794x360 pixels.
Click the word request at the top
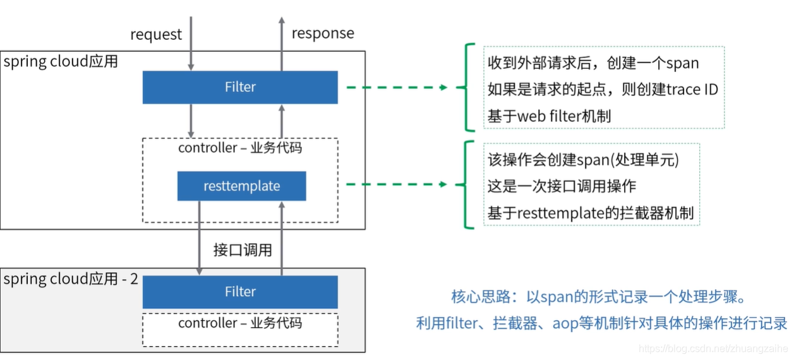pyautogui.click(x=155, y=34)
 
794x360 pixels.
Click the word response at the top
pyautogui.click(x=322, y=33)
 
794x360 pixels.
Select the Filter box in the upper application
pyautogui.click(x=240, y=87)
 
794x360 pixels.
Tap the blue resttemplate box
pyautogui.click(x=241, y=186)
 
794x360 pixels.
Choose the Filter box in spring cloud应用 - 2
pyautogui.click(x=240, y=292)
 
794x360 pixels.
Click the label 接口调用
pyautogui.click(x=243, y=250)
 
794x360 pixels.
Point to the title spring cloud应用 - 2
pyautogui.click(x=71, y=279)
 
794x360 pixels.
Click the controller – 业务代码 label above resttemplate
pyautogui.click(x=240, y=148)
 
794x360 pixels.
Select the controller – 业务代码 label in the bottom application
pyautogui.click(x=240, y=323)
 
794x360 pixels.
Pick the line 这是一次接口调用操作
pyautogui.click(x=562, y=186)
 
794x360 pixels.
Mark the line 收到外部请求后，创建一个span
pyautogui.click(x=593, y=63)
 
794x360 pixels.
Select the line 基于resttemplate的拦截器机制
pyautogui.click(x=590, y=213)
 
